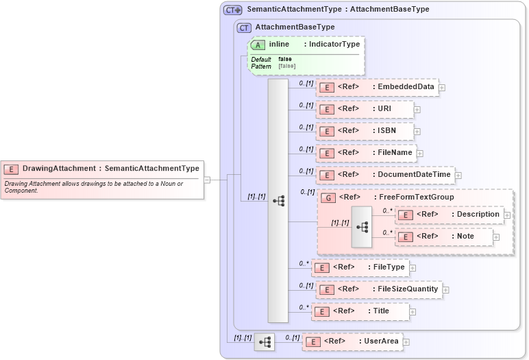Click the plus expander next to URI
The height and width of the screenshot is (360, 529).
coord(417,109)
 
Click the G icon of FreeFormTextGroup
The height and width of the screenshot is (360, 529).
coord(328,197)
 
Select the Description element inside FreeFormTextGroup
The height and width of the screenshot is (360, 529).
coord(478,214)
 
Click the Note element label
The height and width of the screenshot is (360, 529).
coord(465,236)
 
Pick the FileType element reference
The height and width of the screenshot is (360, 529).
coord(389,267)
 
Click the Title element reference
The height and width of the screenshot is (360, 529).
coord(380,311)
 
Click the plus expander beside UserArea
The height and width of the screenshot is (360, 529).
coord(406,341)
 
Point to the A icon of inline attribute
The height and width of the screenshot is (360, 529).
coord(258,45)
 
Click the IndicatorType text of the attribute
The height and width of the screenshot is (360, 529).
coord(332,45)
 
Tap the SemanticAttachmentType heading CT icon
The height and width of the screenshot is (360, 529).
coord(233,10)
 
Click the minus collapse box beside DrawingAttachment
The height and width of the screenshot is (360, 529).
coord(207,180)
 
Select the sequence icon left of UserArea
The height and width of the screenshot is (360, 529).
coord(264,341)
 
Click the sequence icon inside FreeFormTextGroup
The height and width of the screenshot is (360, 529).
coord(362,226)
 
